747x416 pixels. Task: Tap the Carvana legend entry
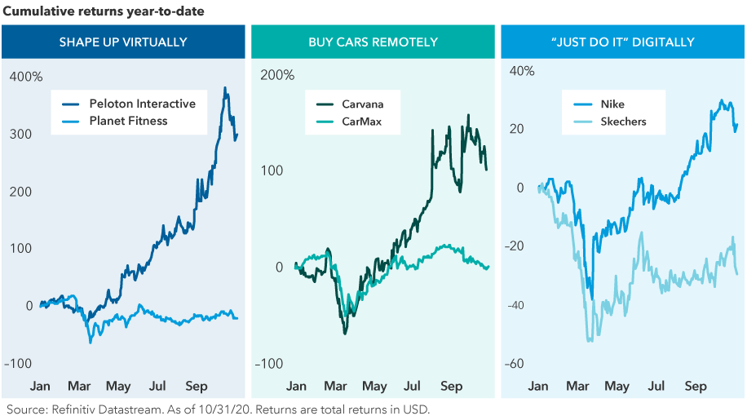tap(363, 104)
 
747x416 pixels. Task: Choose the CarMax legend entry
tap(361, 122)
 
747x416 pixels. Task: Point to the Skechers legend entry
tap(623, 122)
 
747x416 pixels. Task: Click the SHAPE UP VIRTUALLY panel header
tap(123, 42)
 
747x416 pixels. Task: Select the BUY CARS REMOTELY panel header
tap(373, 42)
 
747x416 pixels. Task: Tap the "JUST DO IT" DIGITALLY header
tap(623, 42)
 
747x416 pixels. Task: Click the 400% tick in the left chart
tap(26, 77)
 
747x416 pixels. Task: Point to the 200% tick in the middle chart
tap(278, 75)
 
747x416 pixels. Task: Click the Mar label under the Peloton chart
tap(80, 386)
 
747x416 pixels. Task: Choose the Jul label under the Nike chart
tap(656, 386)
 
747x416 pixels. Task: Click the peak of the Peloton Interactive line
tap(225, 88)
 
